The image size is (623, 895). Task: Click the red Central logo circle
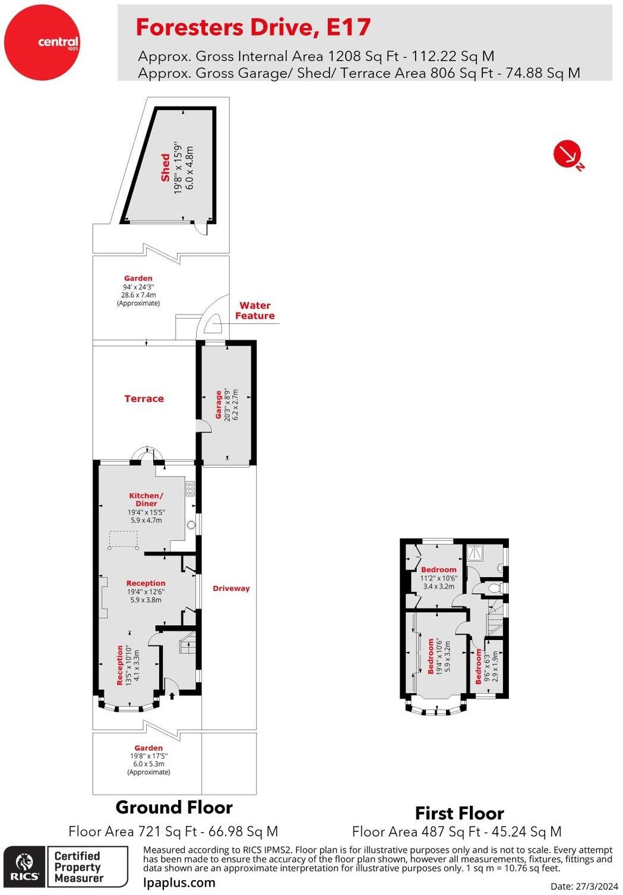[42, 42]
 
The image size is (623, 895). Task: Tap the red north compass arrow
[566, 154]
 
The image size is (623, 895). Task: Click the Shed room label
[165, 168]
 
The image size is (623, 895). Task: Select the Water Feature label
[255, 311]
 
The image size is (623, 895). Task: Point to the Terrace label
[144, 399]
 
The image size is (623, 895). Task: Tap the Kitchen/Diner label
[146, 499]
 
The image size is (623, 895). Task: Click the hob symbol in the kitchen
[190, 489]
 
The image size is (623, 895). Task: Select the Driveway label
[231, 588]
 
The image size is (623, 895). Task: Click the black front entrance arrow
[172, 694]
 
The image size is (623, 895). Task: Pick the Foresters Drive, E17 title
[254, 27]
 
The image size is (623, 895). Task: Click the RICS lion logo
[24, 866]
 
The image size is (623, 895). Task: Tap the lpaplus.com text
[179, 883]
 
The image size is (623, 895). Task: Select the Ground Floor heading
[174, 807]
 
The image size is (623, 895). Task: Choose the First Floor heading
[459, 813]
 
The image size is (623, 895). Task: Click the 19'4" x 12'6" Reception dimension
[146, 592]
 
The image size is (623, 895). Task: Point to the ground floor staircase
[188, 642]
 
